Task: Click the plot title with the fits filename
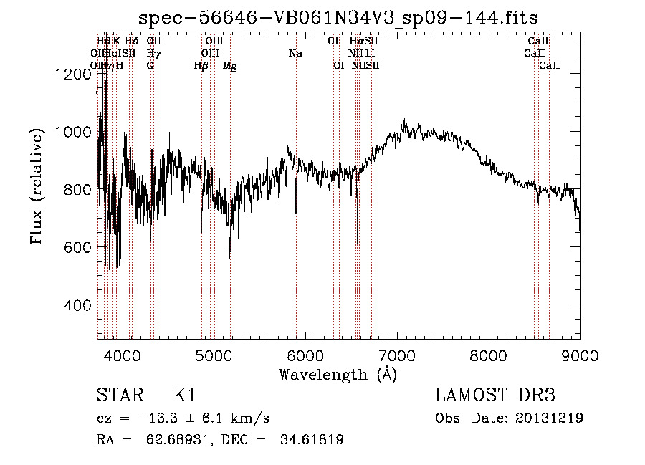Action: (338, 17)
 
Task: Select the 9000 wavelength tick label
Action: (580, 355)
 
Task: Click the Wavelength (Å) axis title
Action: (338, 374)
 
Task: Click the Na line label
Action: (295, 54)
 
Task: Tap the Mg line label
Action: (230, 66)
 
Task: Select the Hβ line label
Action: (201, 66)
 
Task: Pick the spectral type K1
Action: (184, 396)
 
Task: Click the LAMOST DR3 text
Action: (494, 396)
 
